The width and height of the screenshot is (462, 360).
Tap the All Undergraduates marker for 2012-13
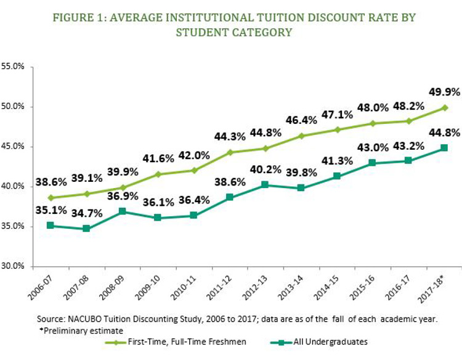[265, 184]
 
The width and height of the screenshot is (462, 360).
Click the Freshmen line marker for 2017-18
[444, 108]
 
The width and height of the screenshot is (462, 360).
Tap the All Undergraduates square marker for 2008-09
[122, 211]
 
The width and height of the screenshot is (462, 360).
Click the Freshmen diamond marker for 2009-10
[158, 174]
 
